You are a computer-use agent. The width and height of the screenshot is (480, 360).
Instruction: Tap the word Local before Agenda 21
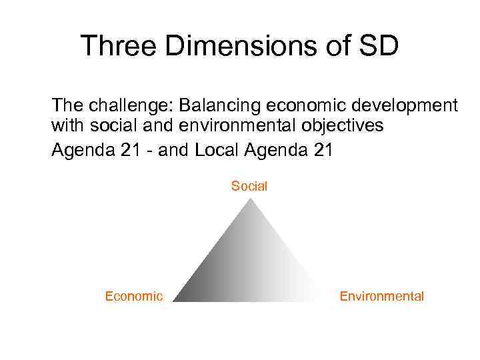pos(218,151)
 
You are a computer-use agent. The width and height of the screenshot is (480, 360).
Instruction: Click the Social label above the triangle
pos(249,187)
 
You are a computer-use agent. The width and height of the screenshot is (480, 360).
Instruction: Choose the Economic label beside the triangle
pos(133,297)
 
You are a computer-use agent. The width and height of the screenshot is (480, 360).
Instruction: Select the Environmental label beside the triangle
pos(381,297)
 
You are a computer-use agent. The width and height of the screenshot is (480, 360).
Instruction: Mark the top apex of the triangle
pos(249,199)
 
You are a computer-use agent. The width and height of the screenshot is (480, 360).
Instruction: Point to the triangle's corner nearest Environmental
pos(323,300)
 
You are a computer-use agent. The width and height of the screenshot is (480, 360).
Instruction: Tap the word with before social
pos(67,125)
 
